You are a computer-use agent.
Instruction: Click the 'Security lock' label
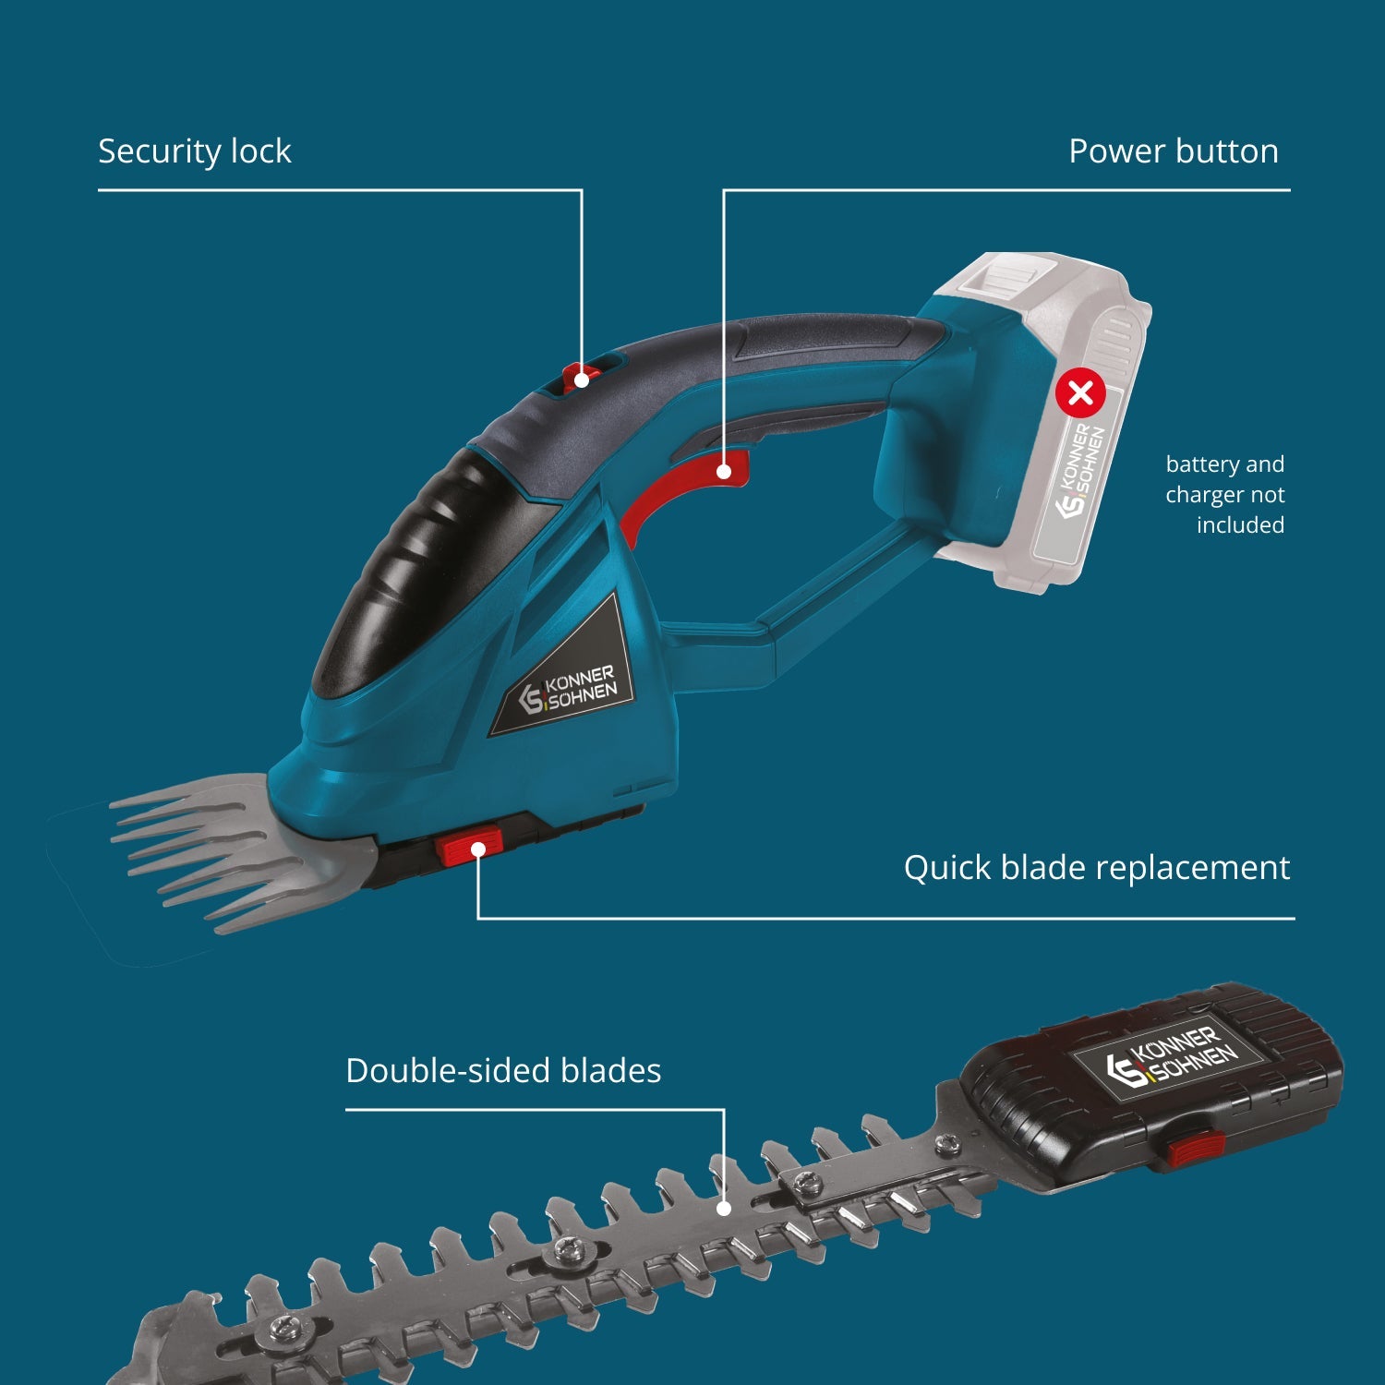click(x=195, y=151)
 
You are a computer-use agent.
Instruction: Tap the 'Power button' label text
click(x=1174, y=151)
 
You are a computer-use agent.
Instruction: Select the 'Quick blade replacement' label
click(x=1097, y=868)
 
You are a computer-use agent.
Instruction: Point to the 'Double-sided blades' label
click(x=503, y=1071)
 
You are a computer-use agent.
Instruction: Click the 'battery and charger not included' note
click(x=1225, y=494)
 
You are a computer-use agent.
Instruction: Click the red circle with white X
click(x=1080, y=393)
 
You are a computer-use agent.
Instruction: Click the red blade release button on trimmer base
click(x=470, y=847)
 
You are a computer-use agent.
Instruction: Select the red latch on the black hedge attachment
click(x=1195, y=1150)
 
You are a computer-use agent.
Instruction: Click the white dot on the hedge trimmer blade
click(x=724, y=1208)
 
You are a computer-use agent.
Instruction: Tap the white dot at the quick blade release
click(x=478, y=849)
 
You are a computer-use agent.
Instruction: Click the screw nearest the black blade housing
click(x=946, y=1145)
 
